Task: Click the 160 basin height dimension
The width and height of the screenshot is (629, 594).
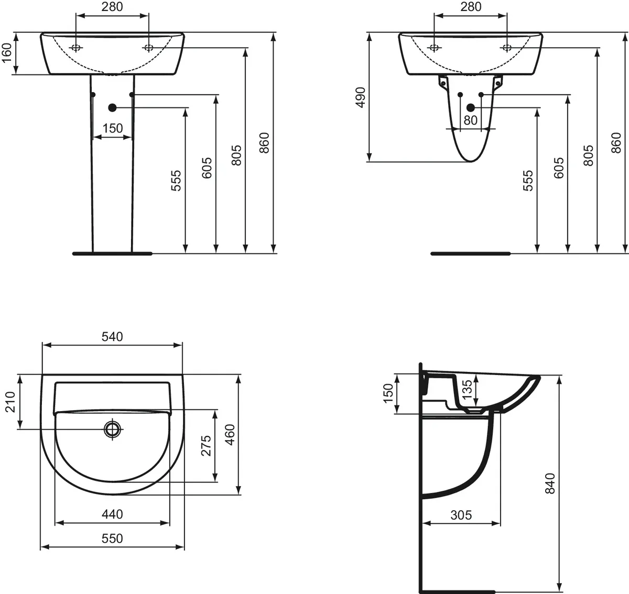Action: point(7,53)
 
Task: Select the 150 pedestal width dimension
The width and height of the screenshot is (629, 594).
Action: point(113,128)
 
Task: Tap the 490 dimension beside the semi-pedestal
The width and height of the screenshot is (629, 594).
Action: point(361,97)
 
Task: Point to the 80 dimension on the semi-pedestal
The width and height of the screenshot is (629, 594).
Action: point(470,120)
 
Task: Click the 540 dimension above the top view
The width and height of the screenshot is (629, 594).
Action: point(112,337)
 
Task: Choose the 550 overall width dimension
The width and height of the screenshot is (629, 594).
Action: point(112,538)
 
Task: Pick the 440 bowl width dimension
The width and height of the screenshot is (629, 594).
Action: point(112,514)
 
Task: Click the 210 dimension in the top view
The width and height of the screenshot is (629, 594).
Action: point(10,402)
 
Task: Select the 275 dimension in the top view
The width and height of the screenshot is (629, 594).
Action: point(206,445)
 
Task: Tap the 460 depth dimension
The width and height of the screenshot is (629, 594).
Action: point(230,434)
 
